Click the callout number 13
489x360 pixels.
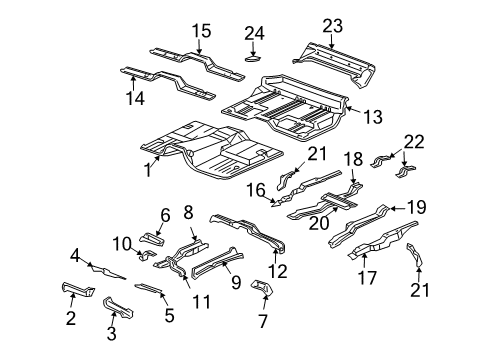tap(372, 118)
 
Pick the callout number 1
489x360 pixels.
tap(148, 170)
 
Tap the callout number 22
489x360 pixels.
tap(410, 142)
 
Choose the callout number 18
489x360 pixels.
tap(353, 160)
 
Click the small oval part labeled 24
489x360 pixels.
tap(253, 59)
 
